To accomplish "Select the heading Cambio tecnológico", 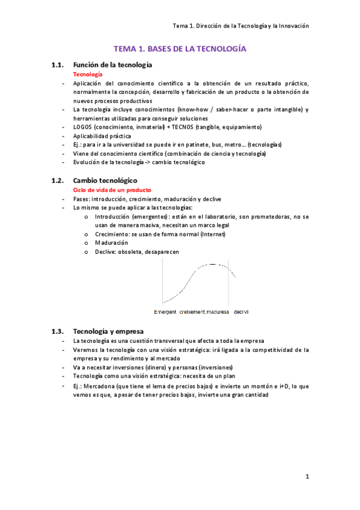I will pos(105,180).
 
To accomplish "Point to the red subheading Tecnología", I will pos(87,74).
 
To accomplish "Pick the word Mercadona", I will pos(105,386).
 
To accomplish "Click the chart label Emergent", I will pos(165,313).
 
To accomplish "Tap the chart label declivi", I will pos(241,313).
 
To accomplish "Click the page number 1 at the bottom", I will pos(307,477).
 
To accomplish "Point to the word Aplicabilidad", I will pos(93,136).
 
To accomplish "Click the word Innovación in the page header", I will pos(293,26).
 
